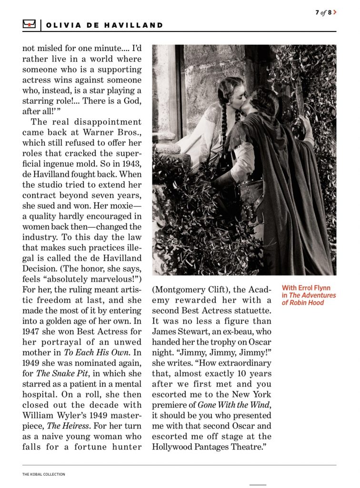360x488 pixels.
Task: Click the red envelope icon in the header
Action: pyautogui.click(x=29, y=25)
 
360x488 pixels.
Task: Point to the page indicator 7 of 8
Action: pyautogui.click(x=323, y=12)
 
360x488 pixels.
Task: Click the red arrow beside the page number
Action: pyautogui.click(x=335, y=12)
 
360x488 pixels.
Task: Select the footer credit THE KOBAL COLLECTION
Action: pyautogui.click(x=43, y=474)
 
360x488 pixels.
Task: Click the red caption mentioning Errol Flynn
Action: pyautogui.click(x=309, y=295)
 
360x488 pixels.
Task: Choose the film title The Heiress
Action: pyautogui.click(x=60, y=426)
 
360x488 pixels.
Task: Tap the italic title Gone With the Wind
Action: pyautogui.click(x=230, y=405)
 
